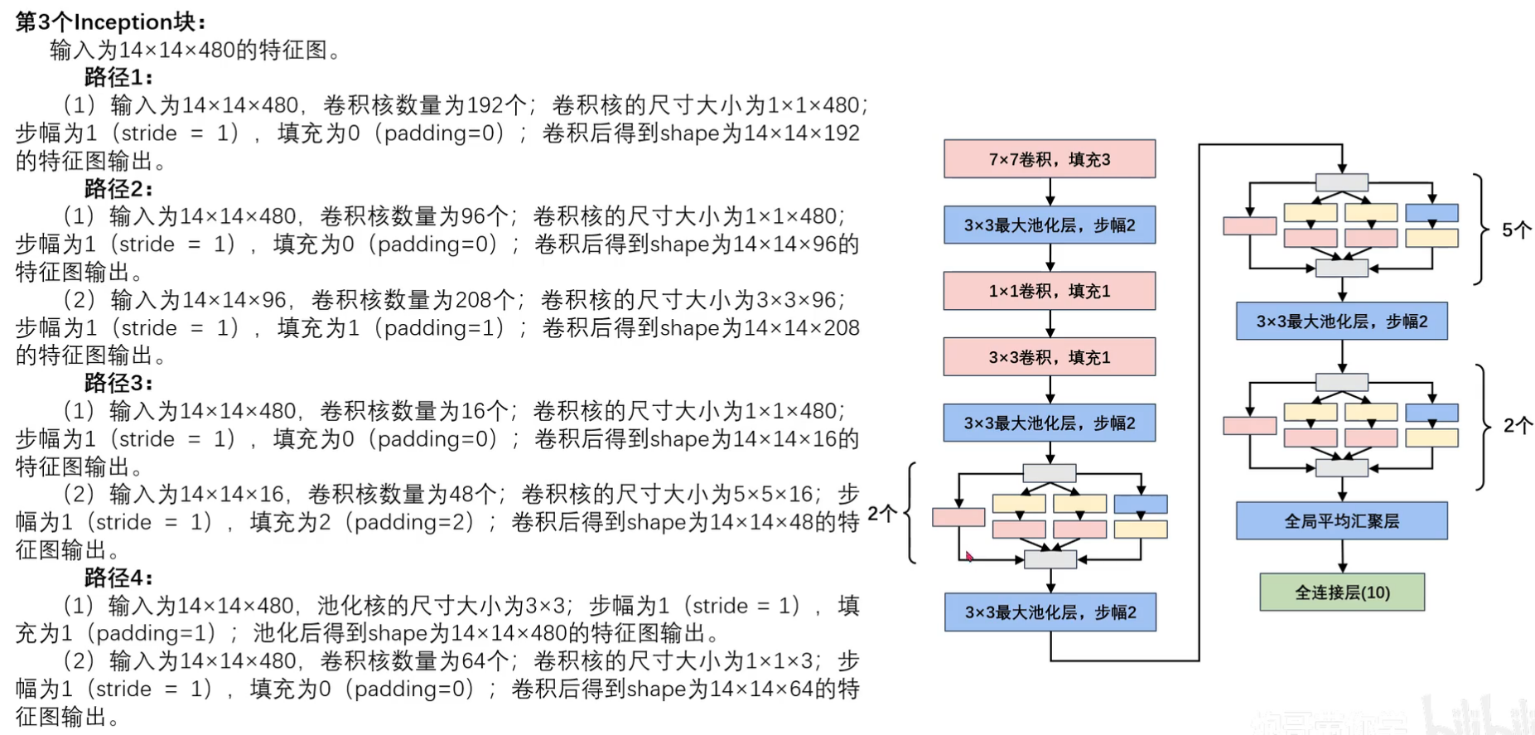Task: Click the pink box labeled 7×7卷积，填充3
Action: pos(1050,158)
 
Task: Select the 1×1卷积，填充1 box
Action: pos(1050,291)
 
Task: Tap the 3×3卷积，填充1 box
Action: pos(1050,357)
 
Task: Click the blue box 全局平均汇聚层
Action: pos(1342,520)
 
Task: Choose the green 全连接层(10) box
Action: pos(1342,592)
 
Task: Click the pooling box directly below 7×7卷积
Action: pos(1050,225)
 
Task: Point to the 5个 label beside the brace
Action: pos(1517,230)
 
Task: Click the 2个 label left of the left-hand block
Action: pos(882,514)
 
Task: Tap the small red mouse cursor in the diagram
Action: pos(969,556)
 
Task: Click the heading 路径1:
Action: pos(118,77)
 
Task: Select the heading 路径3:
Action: pos(118,383)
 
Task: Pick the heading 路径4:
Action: pos(118,578)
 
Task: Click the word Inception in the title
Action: pos(123,22)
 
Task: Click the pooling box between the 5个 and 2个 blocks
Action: pos(1342,321)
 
